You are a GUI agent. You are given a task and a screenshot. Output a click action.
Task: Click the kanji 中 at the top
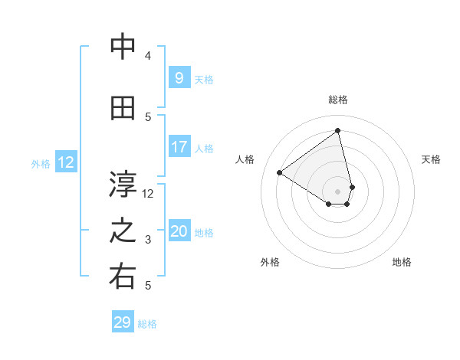[123, 47]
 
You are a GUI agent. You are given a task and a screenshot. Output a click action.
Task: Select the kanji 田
[123, 108]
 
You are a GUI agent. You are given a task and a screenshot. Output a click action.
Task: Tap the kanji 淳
[123, 185]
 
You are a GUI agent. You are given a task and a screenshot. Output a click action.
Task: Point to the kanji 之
[123, 232]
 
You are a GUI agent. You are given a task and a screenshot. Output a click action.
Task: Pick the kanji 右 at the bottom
[123, 277]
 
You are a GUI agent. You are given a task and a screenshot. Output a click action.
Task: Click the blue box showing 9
[179, 78]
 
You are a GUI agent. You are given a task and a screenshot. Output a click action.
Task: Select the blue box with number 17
[179, 147]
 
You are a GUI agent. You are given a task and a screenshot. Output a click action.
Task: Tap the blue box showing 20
[179, 231]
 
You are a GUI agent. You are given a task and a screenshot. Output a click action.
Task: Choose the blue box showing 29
[123, 322]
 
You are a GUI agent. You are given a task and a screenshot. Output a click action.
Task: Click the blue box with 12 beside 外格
[65, 162]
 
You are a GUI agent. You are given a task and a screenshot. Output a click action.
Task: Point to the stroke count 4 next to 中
[148, 56]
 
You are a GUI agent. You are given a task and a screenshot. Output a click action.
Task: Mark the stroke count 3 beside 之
[148, 240]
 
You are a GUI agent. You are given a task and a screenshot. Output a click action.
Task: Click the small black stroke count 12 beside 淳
[148, 193]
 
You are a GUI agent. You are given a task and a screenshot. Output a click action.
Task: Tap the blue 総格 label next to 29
[147, 324]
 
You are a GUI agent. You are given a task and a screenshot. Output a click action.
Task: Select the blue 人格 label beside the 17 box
[204, 149]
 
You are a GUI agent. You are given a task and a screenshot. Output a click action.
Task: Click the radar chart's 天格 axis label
[432, 159]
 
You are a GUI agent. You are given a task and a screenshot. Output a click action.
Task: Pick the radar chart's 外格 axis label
[270, 262]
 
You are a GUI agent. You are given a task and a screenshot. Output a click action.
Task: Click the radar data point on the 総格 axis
[337, 131]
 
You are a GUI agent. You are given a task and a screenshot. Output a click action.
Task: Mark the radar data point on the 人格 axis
[280, 172]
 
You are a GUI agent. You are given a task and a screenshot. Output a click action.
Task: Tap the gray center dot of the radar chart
[337, 191]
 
